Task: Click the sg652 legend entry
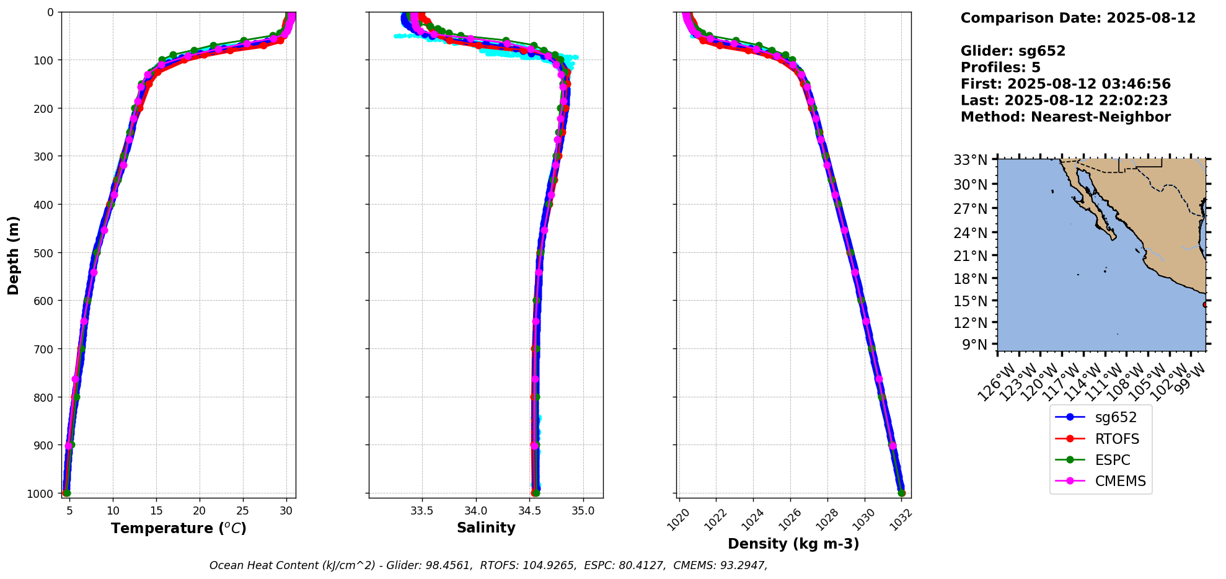(x=1101, y=418)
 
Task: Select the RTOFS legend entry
(x=1101, y=439)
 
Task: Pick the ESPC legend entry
(x=1101, y=460)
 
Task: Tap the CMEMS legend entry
(x=1101, y=481)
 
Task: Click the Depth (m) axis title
(x=14, y=255)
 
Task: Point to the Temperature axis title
(x=179, y=528)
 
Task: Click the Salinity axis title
(x=486, y=528)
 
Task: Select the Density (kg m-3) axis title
(x=793, y=544)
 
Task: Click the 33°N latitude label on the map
(x=971, y=161)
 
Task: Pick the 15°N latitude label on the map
(x=971, y=301)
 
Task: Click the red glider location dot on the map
(x=1205, y=304)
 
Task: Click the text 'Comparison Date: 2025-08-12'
(x=1078, y=18)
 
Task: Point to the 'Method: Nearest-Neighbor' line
(x=1065, y=117)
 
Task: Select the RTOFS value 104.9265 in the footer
(x=547, y=565)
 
